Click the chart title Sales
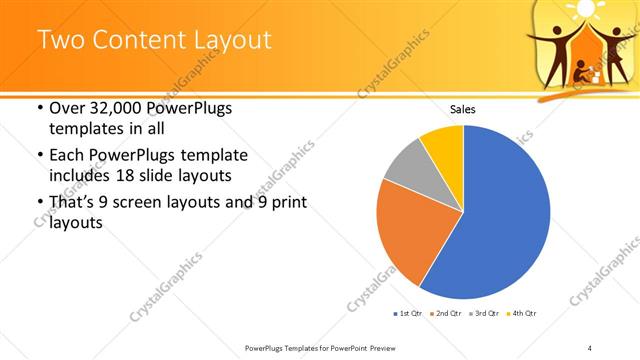462,109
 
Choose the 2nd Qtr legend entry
444,314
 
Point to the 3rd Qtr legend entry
484,314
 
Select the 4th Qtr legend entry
523,314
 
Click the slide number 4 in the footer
590,347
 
